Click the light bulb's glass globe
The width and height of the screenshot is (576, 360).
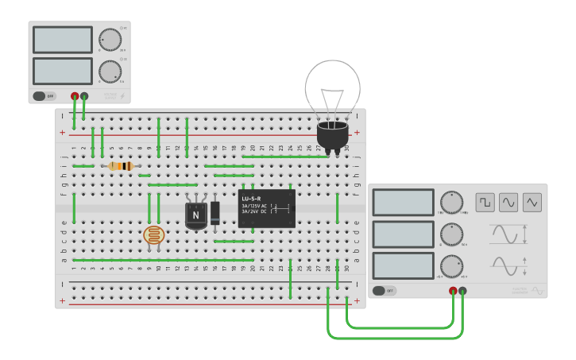[x=333, y=86]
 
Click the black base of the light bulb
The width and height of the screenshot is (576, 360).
[x=332, y=135]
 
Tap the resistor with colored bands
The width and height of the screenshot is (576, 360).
[x=120, y=166]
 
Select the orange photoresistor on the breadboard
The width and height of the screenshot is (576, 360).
[x=153, y=234]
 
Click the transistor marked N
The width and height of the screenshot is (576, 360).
[x=195, y=215]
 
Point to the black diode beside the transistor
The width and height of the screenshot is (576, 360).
[x=215, y=212]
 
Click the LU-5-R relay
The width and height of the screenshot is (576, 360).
[x=267, y=208]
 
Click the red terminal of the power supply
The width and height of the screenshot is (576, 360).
[x=75, y=96]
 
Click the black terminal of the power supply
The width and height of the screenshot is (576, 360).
[x=84, y=96]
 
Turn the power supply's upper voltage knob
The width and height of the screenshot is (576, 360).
[x=109, y=40]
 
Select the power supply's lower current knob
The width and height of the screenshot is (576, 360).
[x=109, y=72]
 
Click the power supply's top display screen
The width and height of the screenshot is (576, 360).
[x=63, y=40]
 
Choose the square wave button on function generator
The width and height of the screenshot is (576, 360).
[x=485, y=202]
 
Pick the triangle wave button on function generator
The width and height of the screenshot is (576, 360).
[x=532, y=202]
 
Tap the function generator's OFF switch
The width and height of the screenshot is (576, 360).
[x=384, y=291]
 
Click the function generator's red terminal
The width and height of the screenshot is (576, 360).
[x=453, y=291]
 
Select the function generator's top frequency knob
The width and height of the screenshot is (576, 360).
[x=451, y=202]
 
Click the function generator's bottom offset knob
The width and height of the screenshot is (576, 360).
[x=451, y=265]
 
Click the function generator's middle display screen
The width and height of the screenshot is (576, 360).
[x=404, y=234]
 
